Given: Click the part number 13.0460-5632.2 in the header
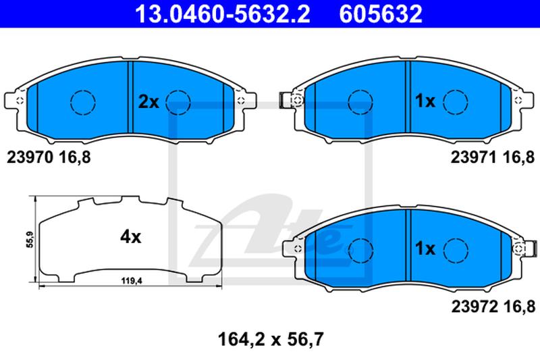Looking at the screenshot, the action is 223,14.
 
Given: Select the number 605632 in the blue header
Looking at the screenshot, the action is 381,14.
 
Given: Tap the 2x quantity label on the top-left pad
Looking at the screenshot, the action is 148,101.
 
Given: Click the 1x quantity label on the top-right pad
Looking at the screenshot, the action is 425,101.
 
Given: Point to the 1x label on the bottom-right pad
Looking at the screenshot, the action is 425,249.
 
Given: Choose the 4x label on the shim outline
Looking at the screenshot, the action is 130,236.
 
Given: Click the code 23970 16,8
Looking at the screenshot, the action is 49,157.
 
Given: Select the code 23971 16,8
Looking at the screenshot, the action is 493,157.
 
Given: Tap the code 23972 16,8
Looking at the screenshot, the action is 493,306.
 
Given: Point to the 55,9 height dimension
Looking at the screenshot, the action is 30,240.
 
